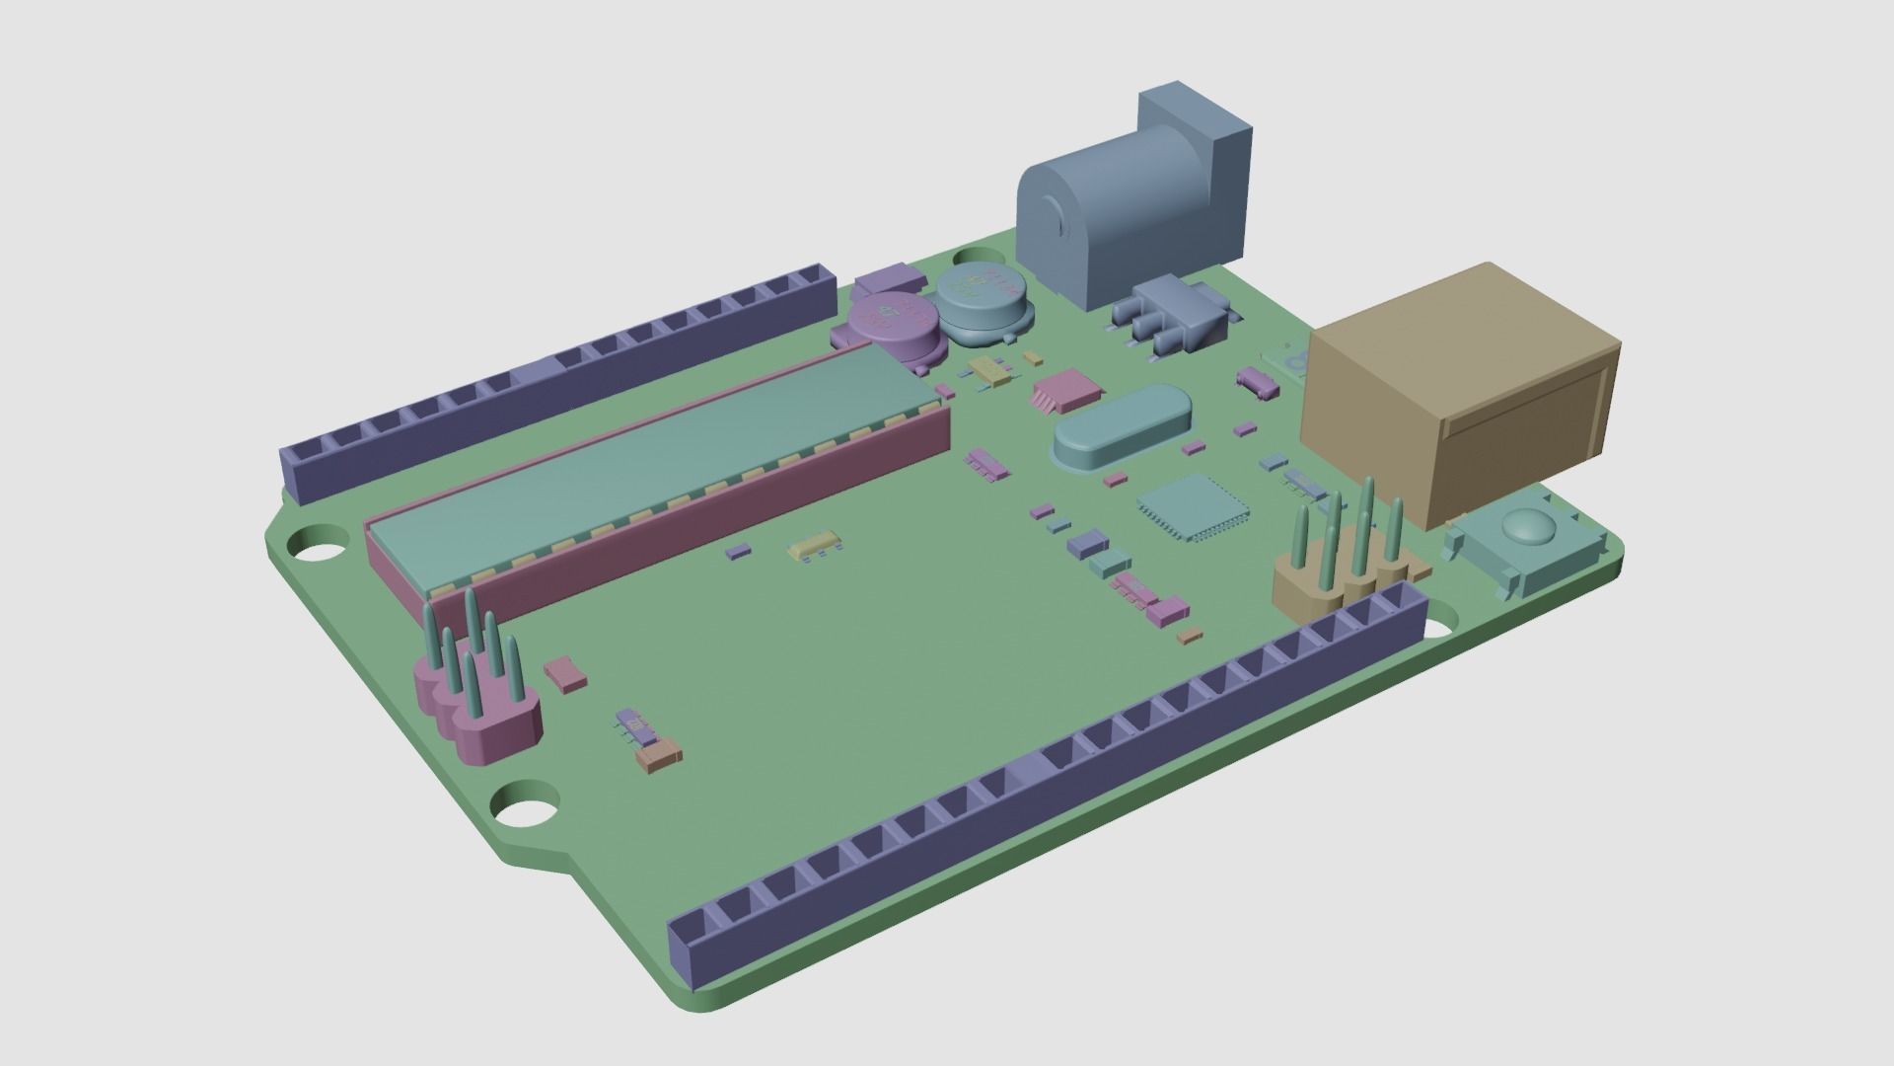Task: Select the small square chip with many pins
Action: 1193,506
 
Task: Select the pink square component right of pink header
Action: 567,673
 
